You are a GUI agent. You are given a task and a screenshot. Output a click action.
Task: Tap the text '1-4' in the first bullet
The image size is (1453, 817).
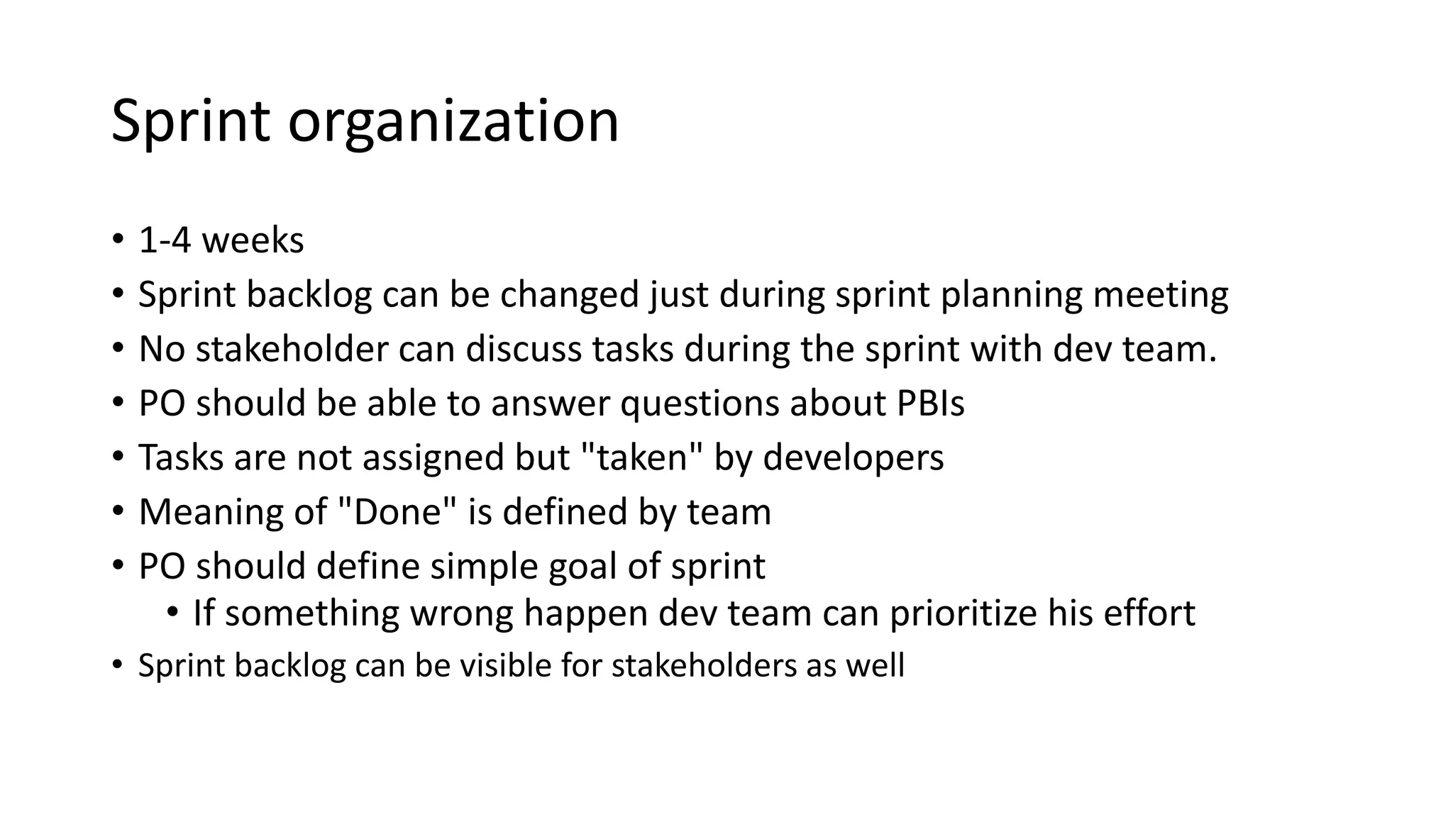[165, 240]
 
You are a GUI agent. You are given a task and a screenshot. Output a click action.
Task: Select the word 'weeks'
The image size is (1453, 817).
[253, 240]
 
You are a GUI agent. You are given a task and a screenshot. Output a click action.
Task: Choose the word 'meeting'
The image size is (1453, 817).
[1161, 295]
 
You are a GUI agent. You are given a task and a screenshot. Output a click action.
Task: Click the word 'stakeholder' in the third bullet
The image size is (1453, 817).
[292, 349]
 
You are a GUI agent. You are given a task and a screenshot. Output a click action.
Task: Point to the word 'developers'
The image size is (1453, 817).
[853, 457]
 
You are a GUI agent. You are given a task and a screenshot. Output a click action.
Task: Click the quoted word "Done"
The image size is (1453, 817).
[394, 512]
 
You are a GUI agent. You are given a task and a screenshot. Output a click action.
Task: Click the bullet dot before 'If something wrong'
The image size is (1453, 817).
[172, 612]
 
